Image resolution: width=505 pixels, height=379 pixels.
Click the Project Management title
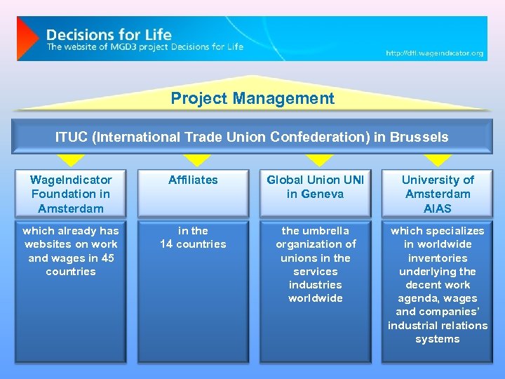252,99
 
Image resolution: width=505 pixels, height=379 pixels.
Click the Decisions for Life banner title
109,34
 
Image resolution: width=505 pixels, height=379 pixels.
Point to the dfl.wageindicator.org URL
434,53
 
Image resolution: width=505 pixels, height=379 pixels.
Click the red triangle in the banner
27,39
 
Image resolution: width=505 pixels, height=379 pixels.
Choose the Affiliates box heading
193,180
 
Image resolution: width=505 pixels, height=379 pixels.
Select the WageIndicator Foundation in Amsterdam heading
70,194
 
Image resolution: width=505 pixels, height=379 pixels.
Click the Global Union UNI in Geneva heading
315,187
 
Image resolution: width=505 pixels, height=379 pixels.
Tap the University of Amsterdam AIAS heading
438,194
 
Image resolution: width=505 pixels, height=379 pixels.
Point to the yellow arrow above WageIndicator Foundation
71,160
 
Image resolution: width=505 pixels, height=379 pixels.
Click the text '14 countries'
193,244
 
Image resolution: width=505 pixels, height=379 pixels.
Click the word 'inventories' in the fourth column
438,258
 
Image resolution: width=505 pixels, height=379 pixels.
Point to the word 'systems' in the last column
438,339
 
